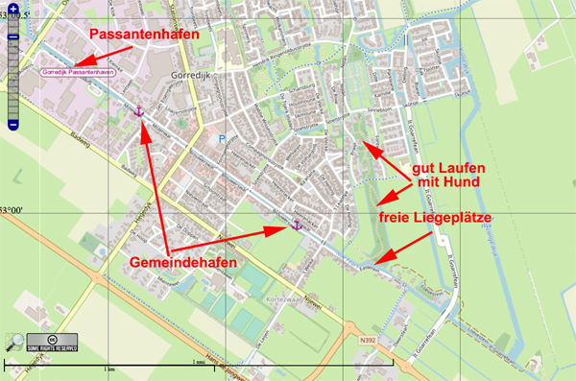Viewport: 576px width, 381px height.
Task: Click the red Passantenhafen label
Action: (145, 34)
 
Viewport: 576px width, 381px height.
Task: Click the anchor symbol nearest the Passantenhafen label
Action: (140, 112)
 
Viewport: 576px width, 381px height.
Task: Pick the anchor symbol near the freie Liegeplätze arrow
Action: (297, 225)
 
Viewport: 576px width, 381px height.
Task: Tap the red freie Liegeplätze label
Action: (468, 219)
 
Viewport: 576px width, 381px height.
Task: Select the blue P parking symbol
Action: (223, 139)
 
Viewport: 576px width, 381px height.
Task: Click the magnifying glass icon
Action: (13, 341)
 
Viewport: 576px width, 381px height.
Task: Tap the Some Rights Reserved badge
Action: (51, 343)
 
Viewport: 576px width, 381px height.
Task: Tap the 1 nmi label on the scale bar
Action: (198, 363)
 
